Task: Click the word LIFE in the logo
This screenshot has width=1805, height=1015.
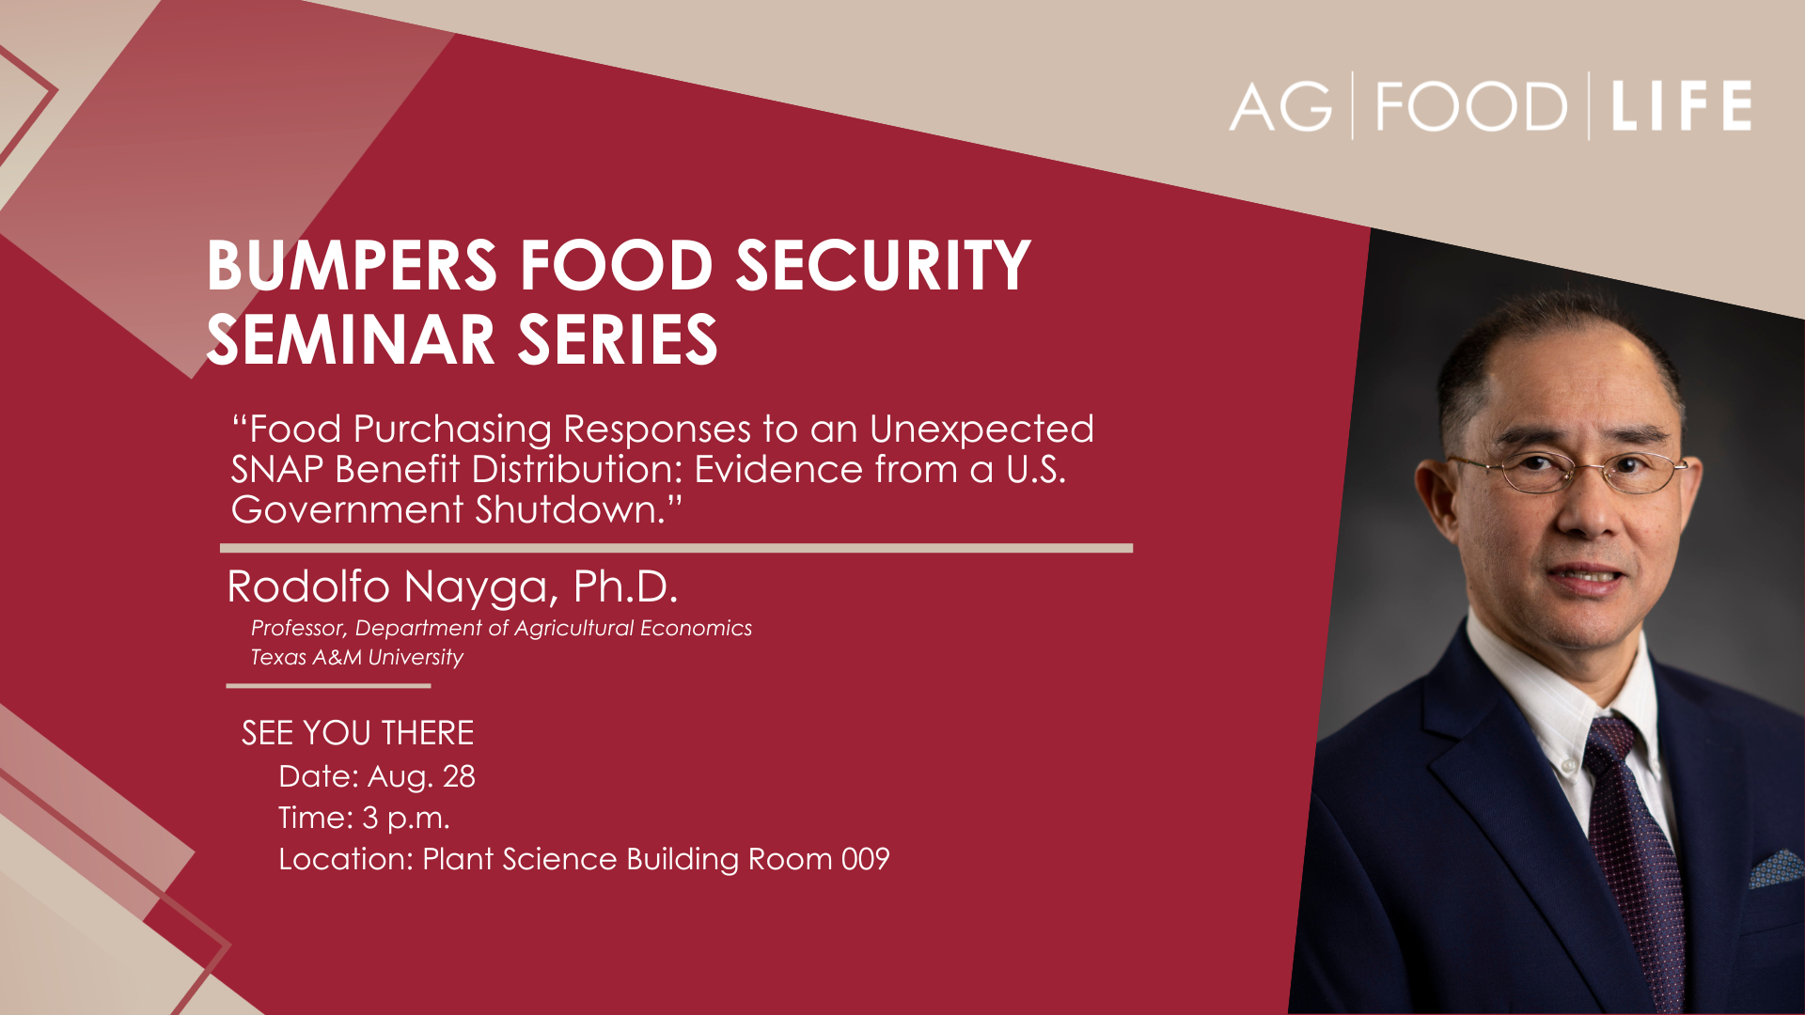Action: click(1681, 105)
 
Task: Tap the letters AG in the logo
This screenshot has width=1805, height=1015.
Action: click(1281, 106)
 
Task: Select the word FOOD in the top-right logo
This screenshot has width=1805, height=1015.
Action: click(1471, 106)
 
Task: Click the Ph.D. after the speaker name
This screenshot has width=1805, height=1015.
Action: click(625, 586)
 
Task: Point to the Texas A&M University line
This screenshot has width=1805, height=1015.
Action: click(357, 657)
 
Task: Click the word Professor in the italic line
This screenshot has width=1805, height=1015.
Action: click(297, 629)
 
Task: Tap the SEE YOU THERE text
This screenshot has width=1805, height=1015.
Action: click(358, 733)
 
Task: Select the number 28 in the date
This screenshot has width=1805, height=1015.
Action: click(459, 776)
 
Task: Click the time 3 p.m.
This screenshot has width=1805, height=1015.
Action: click(406, 819)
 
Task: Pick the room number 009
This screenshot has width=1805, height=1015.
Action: click(865, 859)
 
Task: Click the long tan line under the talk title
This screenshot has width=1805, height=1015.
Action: click(677, 548)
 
